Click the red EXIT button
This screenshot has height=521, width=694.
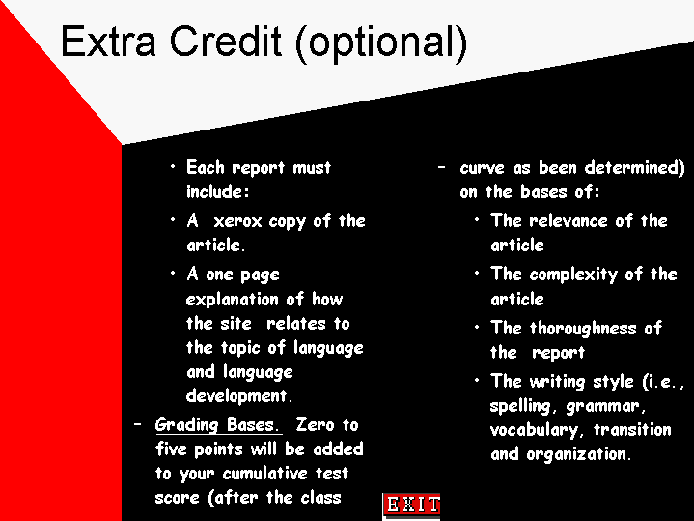coord(411,505)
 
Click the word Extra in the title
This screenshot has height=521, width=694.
coord(108,42)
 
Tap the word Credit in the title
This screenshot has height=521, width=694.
coord(225,42)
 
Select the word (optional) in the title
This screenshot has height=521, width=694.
coord(381,43)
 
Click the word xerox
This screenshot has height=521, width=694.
coord(237,221)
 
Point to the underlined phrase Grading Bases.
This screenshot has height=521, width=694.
coord(217,424)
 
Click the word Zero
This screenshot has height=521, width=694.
coord(315,424)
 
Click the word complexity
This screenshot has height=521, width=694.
coord(573,275)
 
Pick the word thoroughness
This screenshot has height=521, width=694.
coord(583,328)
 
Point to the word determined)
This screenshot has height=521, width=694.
coord(634,168)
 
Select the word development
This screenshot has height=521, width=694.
coord(237,395)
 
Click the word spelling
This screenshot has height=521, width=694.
coord(520,406)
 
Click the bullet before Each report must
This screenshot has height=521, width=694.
coord(173,166)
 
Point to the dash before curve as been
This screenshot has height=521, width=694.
coord(441,167)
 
